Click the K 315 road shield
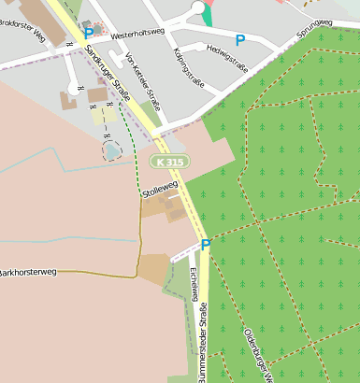point(172,162)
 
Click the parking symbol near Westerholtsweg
point(89,33)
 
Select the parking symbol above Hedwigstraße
point(240,40)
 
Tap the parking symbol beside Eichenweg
point(205,245)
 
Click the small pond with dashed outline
point(110,149)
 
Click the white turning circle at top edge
point(197,7)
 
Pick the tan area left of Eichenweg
point(154,269)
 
